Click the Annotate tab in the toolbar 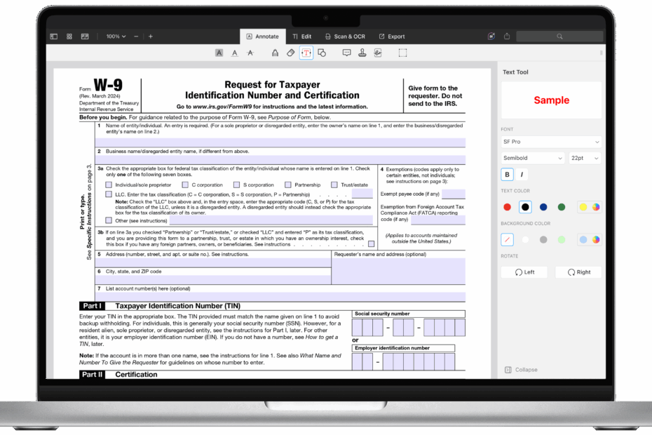tap(262, 36)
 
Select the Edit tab tap(302, 36)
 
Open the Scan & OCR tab tap(345, 36)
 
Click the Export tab tap(392, 36)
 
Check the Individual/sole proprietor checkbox tap(109, 185)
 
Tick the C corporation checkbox tap(185, 185)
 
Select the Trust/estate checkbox tap(334, 185)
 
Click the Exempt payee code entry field tap(453, 194)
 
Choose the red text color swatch tap(508, 207)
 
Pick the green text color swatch tap(562, 207)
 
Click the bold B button tap(507, 175)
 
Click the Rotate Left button tap(524, 272)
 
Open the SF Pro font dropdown tap(551, 142)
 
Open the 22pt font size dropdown tap(585, 159)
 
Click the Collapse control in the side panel tap(522, 370)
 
